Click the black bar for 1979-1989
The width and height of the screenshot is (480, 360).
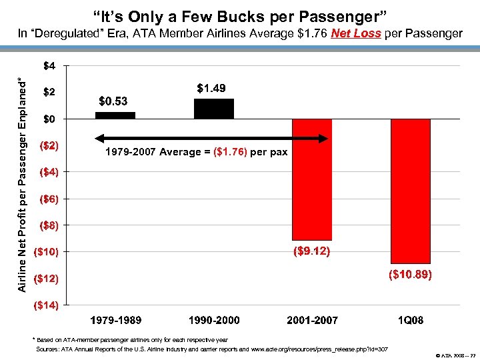[115, 115]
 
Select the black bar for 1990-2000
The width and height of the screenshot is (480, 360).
[213, 109]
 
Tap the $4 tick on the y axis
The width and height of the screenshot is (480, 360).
[50, 66]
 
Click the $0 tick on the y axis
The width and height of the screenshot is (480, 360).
[50, 119]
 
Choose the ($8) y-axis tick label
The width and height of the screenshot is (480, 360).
[49, 225]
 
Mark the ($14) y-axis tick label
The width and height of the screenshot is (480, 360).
[46, 305]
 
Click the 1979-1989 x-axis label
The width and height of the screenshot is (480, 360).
[115, 321]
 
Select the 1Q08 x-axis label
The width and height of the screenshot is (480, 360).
[410, 321]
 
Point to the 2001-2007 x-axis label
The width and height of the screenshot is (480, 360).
[312, 321]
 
